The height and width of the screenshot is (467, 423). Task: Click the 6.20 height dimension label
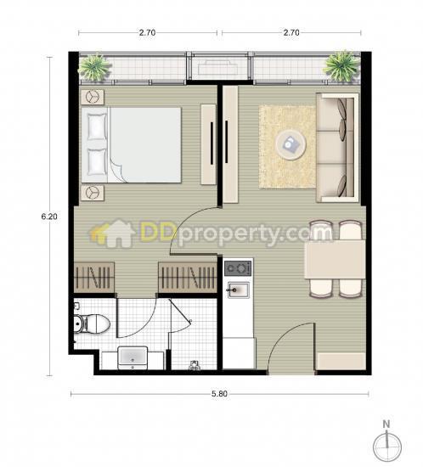(49, 217)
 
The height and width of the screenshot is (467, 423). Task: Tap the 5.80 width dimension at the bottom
(219, 394)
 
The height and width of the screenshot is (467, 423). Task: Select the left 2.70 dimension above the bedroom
(148, 32)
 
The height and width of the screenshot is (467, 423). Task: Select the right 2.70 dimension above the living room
(291, 32)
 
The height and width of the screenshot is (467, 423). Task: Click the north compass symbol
(387, 443)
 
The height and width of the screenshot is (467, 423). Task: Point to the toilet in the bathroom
(92, 324)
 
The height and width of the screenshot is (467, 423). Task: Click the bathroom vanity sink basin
(133, 357)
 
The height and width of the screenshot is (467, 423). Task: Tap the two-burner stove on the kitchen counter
(238, 268)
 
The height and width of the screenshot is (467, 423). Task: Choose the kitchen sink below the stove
(239, 290)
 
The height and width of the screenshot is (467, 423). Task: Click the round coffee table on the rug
(290, 145)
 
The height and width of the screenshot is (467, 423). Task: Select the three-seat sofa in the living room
(337, 148)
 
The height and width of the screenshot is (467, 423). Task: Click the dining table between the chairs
(335, 260)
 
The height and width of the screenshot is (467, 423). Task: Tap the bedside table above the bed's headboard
(93, 97)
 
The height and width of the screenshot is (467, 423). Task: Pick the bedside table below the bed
(93, 193)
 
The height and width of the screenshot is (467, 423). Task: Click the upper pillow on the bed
(97, 127)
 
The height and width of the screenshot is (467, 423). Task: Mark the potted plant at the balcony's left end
(94, 67)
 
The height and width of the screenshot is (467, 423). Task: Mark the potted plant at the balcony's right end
(341, 66)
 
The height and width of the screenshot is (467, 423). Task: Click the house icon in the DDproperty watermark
(115, 233)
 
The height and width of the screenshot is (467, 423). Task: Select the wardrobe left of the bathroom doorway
(94, 278)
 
